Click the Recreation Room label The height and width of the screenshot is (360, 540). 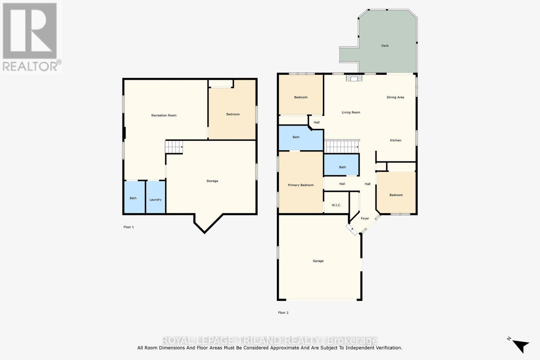(164, 115)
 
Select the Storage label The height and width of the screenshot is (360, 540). (212, 181)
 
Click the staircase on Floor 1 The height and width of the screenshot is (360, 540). (174, 147)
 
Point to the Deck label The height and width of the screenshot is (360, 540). (385, 46)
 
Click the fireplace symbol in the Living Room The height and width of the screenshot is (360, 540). (354, 78)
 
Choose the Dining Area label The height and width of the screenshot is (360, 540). (395, 97)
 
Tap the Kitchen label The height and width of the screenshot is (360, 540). (396, 140)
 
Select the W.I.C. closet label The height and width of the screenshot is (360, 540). (336, 205)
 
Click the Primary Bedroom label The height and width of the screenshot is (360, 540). (300, 185)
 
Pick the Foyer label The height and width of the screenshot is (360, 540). (365, 218)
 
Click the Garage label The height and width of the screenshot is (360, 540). (318, 261)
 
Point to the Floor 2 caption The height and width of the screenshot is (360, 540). (283, 313)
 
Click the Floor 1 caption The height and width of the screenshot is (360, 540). (129, 227)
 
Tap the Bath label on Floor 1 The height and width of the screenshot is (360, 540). (133, 198)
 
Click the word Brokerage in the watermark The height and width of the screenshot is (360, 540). (353, 340)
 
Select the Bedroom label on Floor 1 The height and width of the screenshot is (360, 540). (233, 114)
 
